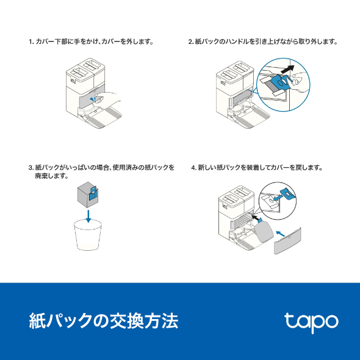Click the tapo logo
(x=311, y=322)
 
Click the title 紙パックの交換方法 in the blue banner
(x=104, y=321)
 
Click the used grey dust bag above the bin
(x=87, y=195)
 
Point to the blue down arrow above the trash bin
(x=89, y=215)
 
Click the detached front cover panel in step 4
(x=289, y=239)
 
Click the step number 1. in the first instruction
(x=31, y=42)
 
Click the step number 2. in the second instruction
(x=191, y=42)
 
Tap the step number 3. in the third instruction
(x=31, y=167)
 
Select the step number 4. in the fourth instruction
(x=193, y=167)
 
